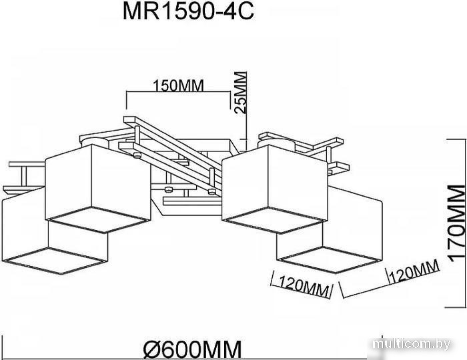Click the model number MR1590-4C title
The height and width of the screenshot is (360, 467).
pos(188,11)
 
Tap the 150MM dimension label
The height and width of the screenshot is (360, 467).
pos(178,86)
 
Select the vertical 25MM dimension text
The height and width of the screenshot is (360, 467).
pos(241,93)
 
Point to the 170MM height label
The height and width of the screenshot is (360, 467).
pos(456,223)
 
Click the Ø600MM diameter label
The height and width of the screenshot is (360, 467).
pos(192,350)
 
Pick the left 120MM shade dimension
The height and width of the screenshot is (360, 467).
pos(304,286)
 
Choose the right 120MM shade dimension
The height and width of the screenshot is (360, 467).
pos(414,271)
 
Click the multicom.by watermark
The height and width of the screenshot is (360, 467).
pos(412,344)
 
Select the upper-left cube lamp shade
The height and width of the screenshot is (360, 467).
pos(98,188)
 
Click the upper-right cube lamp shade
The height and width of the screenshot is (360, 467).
pos(275,189)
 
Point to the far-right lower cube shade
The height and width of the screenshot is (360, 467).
pos(330,230)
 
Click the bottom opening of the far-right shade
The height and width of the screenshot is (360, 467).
pos(330,260)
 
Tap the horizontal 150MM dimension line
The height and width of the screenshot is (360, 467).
pos(178,92)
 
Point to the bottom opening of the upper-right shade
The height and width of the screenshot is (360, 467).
pos(275,221)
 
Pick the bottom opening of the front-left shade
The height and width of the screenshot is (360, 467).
pos(54,261)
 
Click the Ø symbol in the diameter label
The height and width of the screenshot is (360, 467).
pos(153,350)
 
